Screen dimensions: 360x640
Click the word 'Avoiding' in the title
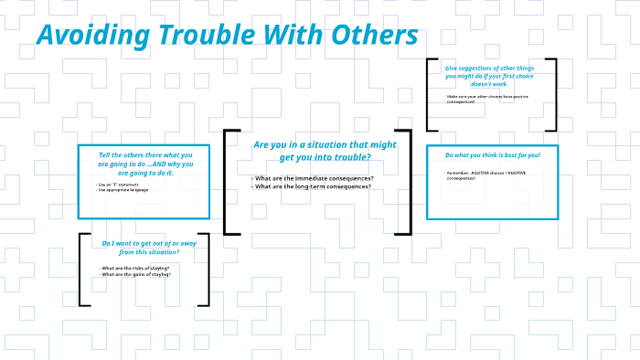92,36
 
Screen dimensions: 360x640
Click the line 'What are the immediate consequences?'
314,177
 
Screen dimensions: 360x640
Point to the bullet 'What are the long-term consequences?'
313,186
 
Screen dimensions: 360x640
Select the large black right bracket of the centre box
408,182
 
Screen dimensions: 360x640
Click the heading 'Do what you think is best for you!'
492,155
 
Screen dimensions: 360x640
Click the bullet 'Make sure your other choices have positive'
488,96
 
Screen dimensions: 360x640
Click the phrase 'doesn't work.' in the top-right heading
492,83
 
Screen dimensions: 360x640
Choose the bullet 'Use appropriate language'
123,190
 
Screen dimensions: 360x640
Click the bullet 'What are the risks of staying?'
136,268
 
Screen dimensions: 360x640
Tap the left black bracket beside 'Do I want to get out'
82,269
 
